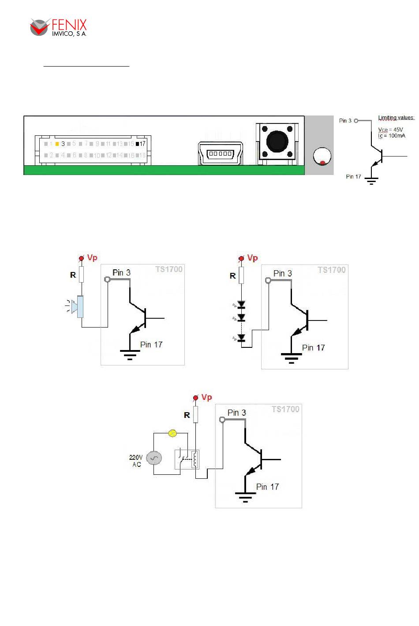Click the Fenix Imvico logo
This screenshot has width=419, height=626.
tap(58, 27)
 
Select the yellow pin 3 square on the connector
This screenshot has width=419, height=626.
tap(57, 144)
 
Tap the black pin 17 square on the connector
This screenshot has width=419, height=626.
tap(137, 144)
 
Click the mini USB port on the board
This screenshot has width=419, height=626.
tap(221, 153)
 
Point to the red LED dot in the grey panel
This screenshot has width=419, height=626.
tap(322, 162)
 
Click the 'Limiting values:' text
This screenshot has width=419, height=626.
tap(396, 118)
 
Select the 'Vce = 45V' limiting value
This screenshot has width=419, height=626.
tap(390, 130)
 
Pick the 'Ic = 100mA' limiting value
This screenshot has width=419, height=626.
tap(391, 136)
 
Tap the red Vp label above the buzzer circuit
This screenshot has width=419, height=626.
tap(92, 257)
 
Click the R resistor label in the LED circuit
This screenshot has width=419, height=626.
tap(232, 276)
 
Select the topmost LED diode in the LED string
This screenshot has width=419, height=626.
tap(241, 305)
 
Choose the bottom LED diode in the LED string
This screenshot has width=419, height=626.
tap(241, 338)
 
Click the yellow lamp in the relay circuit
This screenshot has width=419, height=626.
tap(173, 433)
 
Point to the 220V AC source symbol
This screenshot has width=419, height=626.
tap(154, 458)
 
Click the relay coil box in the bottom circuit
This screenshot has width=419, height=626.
tap(195, 459)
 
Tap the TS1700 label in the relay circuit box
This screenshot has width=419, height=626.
tap(285, 409)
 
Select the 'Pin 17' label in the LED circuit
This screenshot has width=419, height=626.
tap(313, 348)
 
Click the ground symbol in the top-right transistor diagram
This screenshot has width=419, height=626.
tap(371, 180)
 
